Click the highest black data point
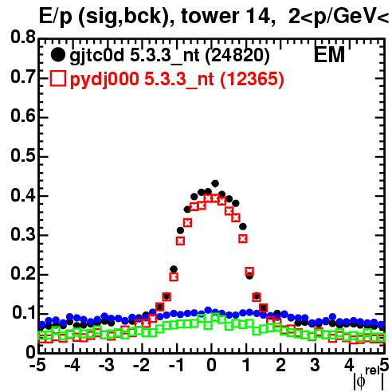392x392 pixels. [x=215, y=183]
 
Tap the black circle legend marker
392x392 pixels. [x=57, y=55]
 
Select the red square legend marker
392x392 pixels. [x=58, y=79]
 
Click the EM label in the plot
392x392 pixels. [x=329, y=54]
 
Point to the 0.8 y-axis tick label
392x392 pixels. [x=23, y=37]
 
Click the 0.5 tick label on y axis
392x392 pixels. [x=23, y=155]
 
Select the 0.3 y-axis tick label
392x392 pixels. [x=23, y=234]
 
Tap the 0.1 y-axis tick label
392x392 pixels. [x=23, y=313]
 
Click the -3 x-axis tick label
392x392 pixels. [x=107, y=366]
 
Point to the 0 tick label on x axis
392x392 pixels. [x=211, y=366]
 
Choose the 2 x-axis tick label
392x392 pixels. [x=280, y=366]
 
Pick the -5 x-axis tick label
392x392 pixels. [x=38, y=366]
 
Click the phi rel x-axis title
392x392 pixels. [x=369, y=378]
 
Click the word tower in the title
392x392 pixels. [x=210, y=17]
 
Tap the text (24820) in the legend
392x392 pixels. [x=237, y=56]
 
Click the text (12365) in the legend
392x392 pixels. [x=252, y=79]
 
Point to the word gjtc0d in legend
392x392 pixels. [x=97, y=56]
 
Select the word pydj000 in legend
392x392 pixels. [x=104, y=80]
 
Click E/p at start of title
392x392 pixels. [x=56, y=17]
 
